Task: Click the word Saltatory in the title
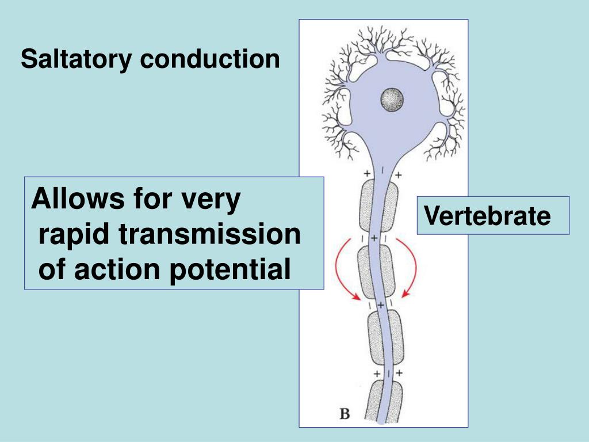point(77,60)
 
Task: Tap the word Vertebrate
point(487,216)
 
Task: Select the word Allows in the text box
point(78,200)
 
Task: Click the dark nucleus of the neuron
point(392,100)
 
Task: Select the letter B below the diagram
point(345,413)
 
